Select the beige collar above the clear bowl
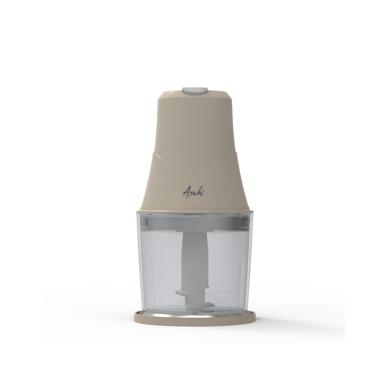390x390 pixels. (x=195, y=211)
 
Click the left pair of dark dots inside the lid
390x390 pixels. (x=146, y=222)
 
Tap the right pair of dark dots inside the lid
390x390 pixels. (x=243, y=222)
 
